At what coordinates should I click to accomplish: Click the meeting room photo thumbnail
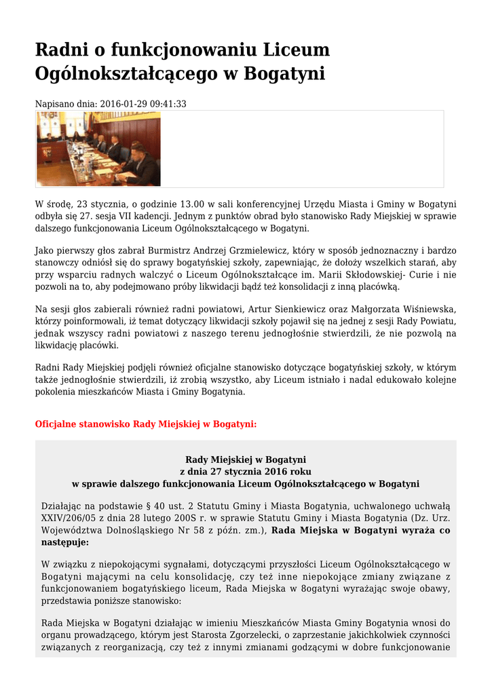[x=98, y=149]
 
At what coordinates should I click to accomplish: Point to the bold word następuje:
[x=64, y=542]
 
